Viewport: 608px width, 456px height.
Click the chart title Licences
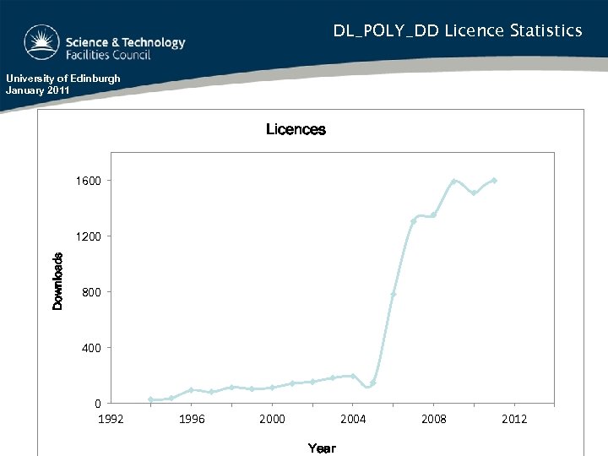click(296, 129)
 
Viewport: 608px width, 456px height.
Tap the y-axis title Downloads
click(58, 281)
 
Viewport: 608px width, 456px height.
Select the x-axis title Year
click(321, 448)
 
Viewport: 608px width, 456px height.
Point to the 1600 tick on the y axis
click(89, 181)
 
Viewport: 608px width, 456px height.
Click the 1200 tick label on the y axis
click(89, 236)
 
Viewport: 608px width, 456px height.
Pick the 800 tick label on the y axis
click(91, 292)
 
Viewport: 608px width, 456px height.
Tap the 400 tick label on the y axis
click(91, 348)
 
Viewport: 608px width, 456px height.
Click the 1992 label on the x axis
click(111, 419)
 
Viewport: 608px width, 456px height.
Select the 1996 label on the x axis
click(192, 419)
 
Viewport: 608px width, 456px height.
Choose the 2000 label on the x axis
click(272, 419)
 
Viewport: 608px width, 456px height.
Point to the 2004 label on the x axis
click(353, 419)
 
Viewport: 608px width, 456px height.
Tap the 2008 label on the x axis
click(434, 419)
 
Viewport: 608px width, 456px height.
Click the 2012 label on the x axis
click(514, 419)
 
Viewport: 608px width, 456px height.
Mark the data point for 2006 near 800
click(394, 294)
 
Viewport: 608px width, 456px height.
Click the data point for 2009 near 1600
click(454, 182)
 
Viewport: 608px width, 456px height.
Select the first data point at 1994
click(151, 399)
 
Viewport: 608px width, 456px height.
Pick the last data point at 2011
click(494, 180)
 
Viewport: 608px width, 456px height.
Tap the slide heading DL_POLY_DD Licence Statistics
click(457, 31)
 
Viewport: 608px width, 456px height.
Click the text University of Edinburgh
click(63, 79)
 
